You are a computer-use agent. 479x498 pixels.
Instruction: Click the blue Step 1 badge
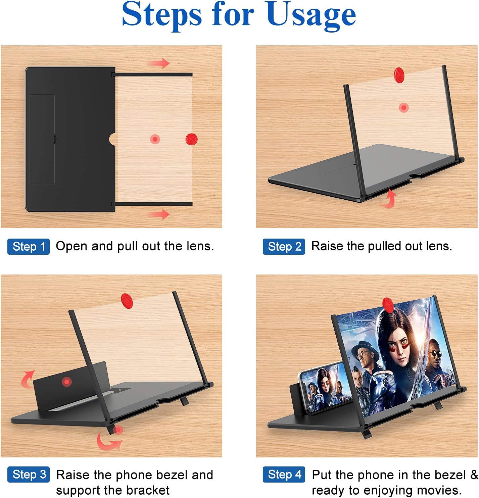(29, 247)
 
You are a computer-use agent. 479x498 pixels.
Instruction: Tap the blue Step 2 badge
(284, 247)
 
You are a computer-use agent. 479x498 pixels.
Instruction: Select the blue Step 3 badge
(29, 475)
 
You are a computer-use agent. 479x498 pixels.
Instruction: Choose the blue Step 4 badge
(284, 475)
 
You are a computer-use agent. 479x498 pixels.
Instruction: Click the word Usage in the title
(311, 15)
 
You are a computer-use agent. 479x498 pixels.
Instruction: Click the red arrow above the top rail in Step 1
(159, 63)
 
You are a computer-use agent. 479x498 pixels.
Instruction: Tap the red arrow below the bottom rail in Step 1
(159, 214)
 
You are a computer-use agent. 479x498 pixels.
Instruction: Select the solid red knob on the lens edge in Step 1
(191, 139)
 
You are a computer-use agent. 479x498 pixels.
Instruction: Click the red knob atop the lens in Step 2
(399, 74)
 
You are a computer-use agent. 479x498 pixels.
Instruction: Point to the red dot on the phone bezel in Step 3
(67, 382)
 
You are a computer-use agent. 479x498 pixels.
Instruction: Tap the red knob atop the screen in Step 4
(388, 304)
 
